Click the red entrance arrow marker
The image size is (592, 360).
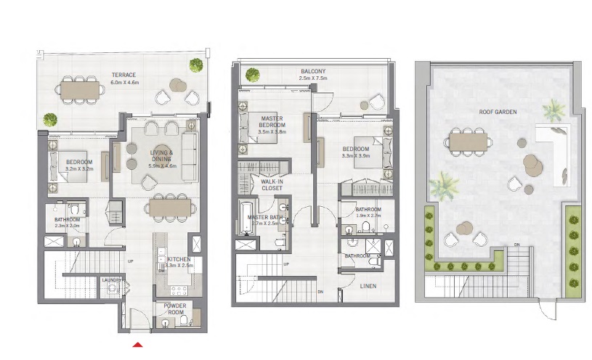(138, 345)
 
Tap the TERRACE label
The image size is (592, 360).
(123, 75)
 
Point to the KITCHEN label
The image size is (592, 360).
(179, 259)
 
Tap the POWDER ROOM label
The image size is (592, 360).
(176, 309)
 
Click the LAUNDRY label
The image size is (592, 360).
(111, 279)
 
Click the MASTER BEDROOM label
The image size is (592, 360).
(272, 121)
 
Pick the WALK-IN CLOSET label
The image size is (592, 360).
(272, 185)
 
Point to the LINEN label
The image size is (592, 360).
(368, 286)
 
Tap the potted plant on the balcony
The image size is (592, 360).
(252, 73)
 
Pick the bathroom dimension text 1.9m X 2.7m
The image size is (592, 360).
(368, 216)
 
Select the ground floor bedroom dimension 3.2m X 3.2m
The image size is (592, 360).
(80, 168)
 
